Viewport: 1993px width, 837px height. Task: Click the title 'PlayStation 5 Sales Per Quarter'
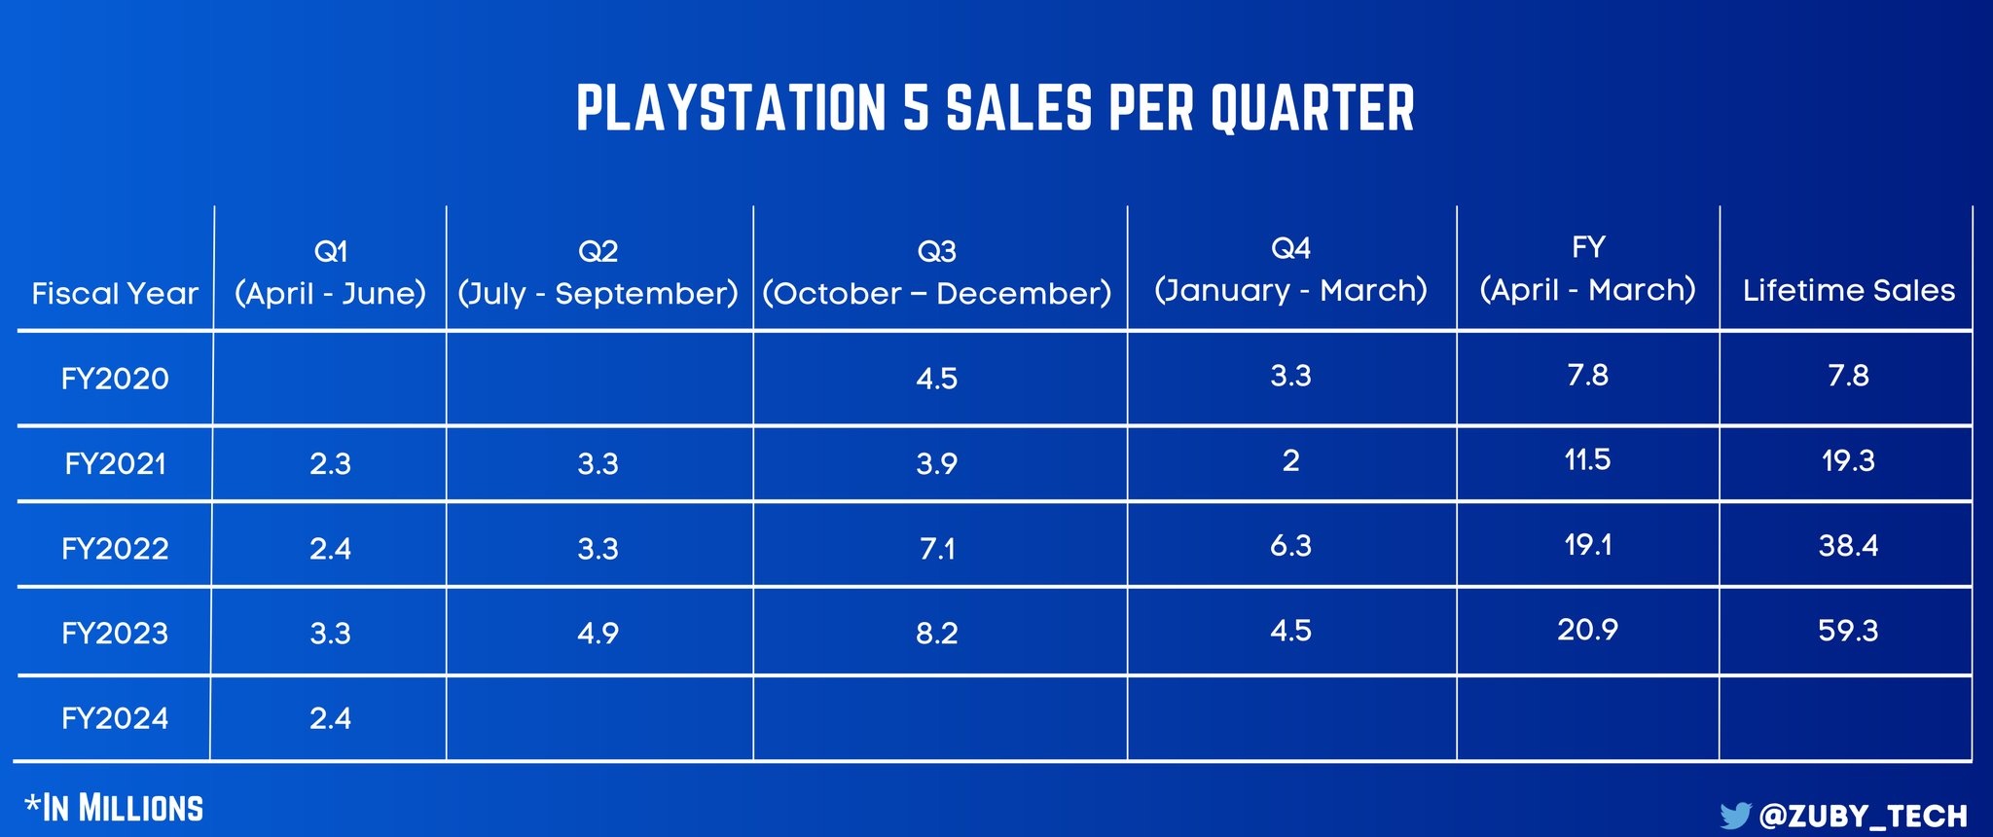tap(996, 107)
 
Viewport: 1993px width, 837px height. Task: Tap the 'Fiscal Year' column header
tap(115, 293)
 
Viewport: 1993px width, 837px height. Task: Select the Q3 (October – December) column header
tap(936, 273)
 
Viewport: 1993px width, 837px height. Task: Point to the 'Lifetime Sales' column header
tap(1848, 290)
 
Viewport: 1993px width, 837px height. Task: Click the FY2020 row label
tap(115, 378)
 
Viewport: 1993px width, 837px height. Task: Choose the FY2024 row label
tap(115, 718)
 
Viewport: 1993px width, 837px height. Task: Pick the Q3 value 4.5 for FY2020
tap(936, 378)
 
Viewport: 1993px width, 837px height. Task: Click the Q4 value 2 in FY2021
tap(1290, 460)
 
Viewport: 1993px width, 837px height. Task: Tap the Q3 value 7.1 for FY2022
tap(936, 549)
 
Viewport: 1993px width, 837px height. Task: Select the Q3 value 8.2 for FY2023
tap(936, 634)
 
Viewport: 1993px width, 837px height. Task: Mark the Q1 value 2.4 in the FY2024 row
tap(330, 718)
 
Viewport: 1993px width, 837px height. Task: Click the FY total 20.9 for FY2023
tap(1587, 630)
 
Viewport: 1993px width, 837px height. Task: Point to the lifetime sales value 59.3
tap(1848, 631)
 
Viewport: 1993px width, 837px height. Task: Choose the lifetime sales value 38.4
tap(1848, 545)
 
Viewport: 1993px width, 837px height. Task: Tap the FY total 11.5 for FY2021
tap(1587, 459)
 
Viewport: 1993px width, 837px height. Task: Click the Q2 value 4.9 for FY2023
tap(598, 634)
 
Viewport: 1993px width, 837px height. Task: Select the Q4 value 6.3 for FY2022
tap(1290, 545)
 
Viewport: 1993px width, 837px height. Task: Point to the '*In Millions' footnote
tap(114, 808)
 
